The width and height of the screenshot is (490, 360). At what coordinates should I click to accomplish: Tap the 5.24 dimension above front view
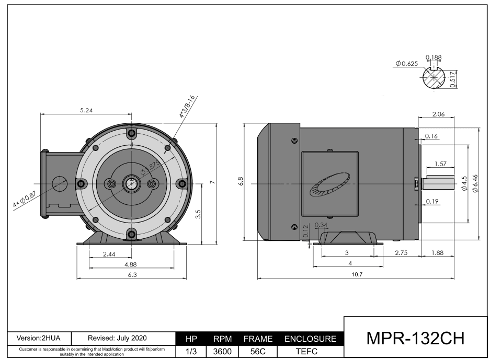pyautogui.click(x=87, y=111)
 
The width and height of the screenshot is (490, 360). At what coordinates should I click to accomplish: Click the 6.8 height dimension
pyautogui.click(x=240, y=181)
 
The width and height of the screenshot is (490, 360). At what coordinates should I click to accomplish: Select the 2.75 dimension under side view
pyautogui.click(x=401, y=252)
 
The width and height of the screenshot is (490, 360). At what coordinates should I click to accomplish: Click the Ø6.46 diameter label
pyautogui.click(x=474, y=183)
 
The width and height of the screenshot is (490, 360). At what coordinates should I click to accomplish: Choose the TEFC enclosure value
pyautogui.click(x=311, y=352)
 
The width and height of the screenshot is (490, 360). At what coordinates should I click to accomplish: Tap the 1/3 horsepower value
pyautogui.click(x=191, y=352)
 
